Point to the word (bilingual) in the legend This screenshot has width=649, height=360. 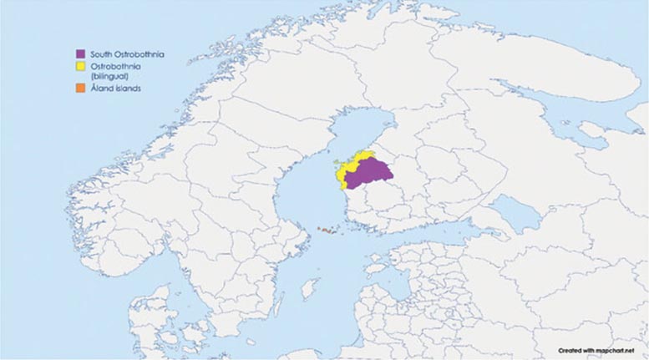110,76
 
